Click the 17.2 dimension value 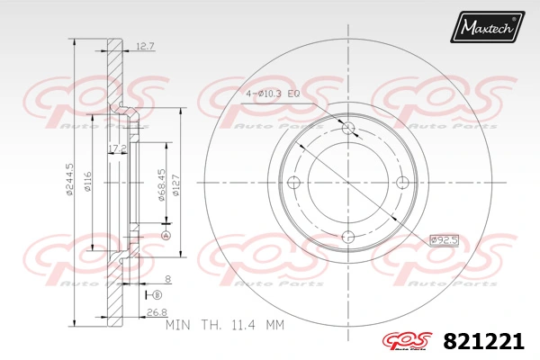pos(115,147)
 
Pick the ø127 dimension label pos(176,185)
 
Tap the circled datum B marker pos(157,294)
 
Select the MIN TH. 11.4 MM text pos(230,321)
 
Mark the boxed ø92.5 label pos(444,239)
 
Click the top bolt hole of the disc pos(349,128)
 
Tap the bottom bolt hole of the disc pos(349,238)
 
